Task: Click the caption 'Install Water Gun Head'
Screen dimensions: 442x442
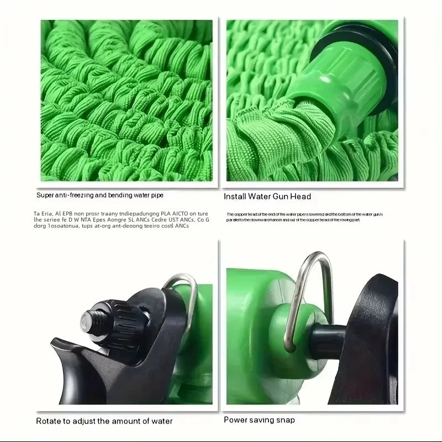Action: (x=267, y=196)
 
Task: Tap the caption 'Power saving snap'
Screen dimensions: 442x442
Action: (x=259, y=420)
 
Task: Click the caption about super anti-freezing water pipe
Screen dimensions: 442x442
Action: (x=99, y=195)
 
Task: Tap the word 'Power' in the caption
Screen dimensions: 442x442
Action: (x=236, y=420)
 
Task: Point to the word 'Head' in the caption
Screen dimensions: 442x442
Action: (x=301, y=196)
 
